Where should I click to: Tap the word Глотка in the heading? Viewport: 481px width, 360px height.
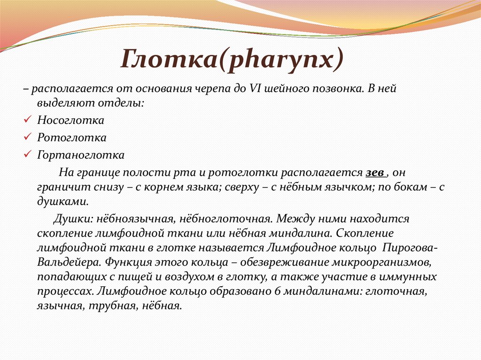169,60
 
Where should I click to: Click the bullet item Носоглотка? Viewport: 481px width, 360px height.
70,121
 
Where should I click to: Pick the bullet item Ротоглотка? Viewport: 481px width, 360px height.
71,138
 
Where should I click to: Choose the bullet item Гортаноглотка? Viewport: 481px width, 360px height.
81,155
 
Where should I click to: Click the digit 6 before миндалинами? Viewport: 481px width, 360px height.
276,291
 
